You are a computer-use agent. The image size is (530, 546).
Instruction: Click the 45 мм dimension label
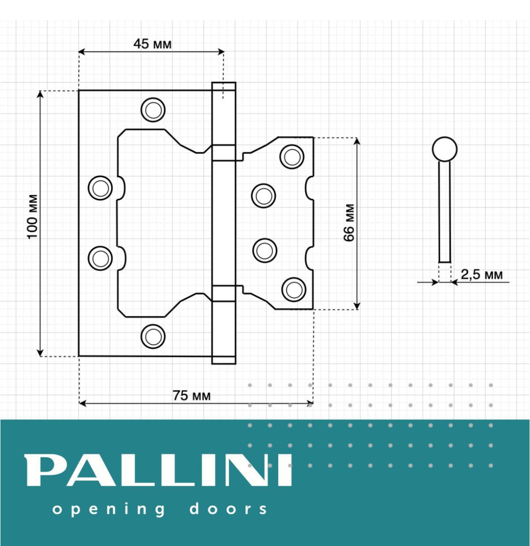coord(152,44)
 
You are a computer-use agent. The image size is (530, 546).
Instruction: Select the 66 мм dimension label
coord(349,223)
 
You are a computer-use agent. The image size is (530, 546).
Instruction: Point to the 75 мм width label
coord(192,396)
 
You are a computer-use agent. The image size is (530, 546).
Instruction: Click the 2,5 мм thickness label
coord(481,274)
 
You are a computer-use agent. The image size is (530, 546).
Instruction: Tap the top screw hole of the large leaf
coord(153,110)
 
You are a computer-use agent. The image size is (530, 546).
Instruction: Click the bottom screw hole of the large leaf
coord(153,336)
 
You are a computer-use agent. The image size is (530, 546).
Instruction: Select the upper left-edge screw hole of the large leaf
coord(100,188)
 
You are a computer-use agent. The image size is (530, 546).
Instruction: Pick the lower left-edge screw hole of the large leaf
coord(100,258)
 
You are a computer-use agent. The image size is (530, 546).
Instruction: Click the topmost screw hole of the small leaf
coord(292,157)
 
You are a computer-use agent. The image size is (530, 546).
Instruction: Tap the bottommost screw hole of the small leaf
coord(294,290)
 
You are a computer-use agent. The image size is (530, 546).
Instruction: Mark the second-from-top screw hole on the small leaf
coord(263,196)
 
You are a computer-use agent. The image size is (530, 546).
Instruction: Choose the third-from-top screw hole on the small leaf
coord(264,250)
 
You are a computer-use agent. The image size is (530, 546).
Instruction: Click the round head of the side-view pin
coord(445,149)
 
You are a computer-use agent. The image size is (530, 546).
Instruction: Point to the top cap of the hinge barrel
coord(223,87)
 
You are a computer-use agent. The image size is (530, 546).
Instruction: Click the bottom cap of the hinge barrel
coord(223,359)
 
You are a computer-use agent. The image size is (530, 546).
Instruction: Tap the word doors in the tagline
coord(228,509)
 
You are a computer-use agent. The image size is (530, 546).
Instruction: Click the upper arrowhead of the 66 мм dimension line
coord(357,141)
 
